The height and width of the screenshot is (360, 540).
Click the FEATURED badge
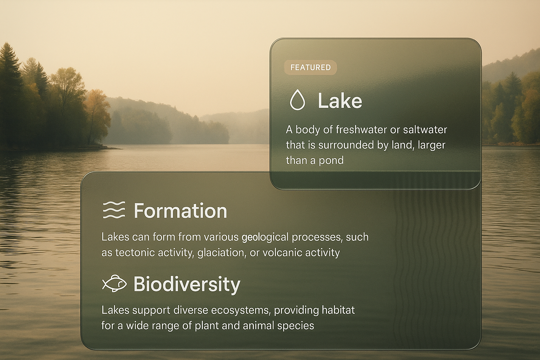(x=310, y=67)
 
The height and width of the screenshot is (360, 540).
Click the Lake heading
(x=340, y=101)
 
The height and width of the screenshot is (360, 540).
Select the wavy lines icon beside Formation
(x=114, y=210)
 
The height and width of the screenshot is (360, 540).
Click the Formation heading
(x=180, y=211)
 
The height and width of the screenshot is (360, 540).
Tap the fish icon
(x=115, y=283)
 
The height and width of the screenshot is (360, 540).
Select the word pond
(x=331, y=161)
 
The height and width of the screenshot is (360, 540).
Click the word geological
(x=265, y=238)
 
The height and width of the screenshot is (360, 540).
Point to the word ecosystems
(x=240, y=310)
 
